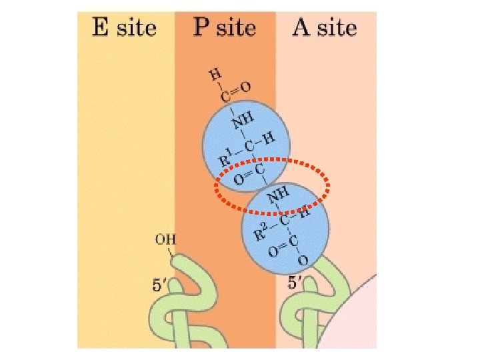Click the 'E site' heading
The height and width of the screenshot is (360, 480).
tap(124, 27)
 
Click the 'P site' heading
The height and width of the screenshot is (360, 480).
tap(225, 27)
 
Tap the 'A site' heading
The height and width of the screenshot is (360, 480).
tap(325, 27)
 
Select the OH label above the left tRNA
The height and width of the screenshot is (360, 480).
tap(165, 238)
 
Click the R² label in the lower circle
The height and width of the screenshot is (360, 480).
tap(263, 231)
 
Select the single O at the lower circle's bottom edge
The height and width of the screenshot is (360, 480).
tap(302, 261)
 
